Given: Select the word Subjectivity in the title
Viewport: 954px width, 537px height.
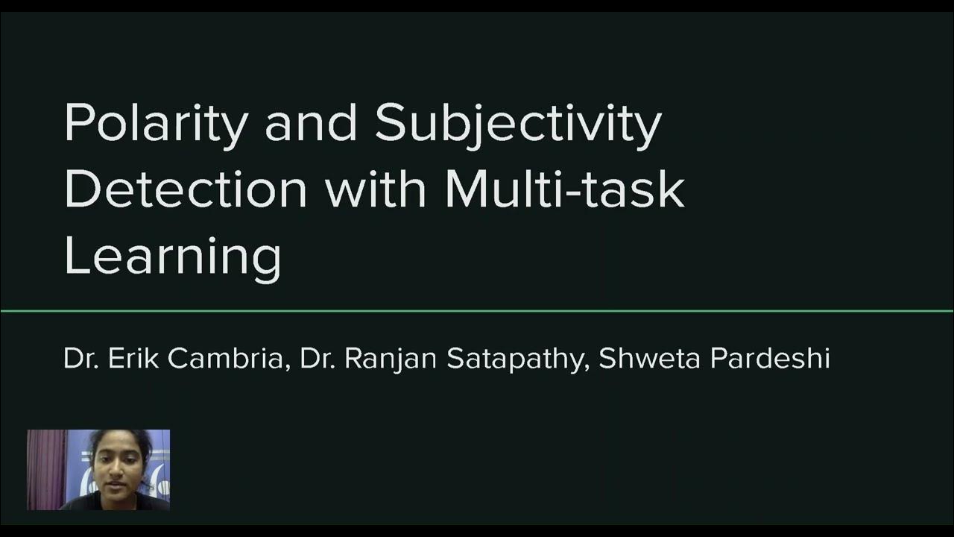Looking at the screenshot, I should pos(517,124).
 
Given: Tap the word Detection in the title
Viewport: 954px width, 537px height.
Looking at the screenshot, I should pos(186,189).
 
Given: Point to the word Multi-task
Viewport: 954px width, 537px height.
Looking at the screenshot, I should pos(564,189).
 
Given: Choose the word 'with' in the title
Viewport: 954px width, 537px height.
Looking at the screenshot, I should pos(376,189).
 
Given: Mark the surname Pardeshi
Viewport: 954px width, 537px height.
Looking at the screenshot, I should pos(770,359).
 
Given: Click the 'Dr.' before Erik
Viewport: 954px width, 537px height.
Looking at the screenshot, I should pos(80,359).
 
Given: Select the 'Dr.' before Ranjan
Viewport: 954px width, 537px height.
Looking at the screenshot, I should pos(318,359).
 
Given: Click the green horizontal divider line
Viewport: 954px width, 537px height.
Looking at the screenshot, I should pos(477,310).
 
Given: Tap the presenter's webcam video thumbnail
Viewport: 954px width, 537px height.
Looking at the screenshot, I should pos(98,470).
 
